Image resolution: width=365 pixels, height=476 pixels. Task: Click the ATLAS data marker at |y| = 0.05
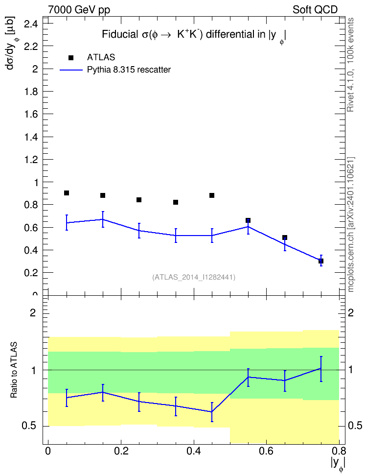click(x=67, y=193)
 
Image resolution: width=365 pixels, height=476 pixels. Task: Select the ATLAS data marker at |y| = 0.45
click(x=212, y=195)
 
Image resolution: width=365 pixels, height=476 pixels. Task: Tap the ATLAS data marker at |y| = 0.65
click(x=285, y=238)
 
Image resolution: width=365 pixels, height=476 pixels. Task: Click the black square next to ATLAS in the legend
click(x=71, y=57)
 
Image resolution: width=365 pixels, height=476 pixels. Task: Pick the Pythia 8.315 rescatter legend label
click(x=129, y=70)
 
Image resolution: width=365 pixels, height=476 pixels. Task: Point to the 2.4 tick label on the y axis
click(x=31, y=24)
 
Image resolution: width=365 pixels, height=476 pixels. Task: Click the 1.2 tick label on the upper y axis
click(x=31, y=160)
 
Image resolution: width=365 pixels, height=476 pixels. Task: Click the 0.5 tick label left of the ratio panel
click(x=29, y=426)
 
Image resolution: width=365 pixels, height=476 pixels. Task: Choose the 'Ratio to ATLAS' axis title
click(x=14, y=370)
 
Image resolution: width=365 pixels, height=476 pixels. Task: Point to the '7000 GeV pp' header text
click(x=79, y=10)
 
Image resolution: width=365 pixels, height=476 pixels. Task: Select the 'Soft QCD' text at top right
click(x=315, y=10)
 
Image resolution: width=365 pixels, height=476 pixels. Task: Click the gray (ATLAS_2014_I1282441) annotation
click(x=194, y=277)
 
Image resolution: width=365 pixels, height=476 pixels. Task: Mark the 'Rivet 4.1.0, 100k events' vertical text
click(x=350, y=65)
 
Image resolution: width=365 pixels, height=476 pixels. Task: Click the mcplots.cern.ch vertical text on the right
click(x=351, y=224)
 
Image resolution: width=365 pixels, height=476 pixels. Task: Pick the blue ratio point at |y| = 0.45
click(x=212, y=412)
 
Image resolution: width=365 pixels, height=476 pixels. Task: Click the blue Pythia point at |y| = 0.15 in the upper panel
click(x=103, y=219)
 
